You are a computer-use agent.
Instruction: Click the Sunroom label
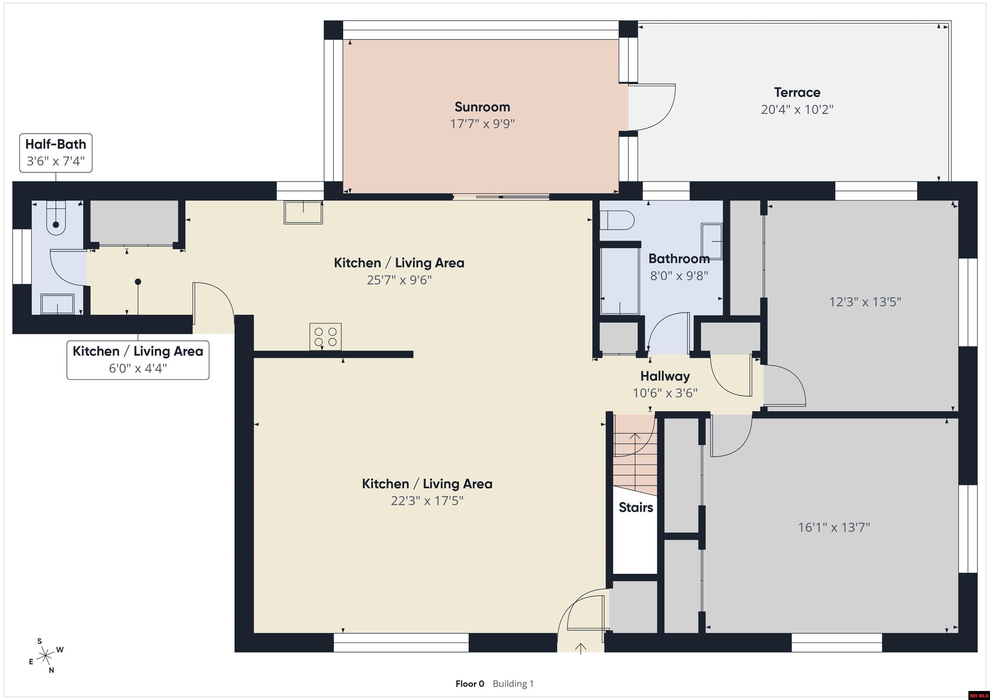click(482, 107)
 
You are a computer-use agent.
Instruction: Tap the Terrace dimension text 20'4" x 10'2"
click(797, 110)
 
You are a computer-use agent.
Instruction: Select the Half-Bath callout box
click(56, 153)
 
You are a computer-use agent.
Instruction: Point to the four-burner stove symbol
click(325, 337)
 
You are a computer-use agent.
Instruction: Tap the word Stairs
click(636, 507)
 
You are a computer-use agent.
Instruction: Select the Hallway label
click(665, 376)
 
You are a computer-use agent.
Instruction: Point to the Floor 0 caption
click(470, 684)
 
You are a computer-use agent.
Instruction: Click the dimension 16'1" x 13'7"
click(834, 527)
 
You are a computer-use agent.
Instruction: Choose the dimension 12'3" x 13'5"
click(865, 302)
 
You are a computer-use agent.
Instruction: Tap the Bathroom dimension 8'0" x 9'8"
click(679, 276)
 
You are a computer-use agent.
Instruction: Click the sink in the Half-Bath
click(57, 304)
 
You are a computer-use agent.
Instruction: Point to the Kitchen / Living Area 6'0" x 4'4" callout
click(138, 360)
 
